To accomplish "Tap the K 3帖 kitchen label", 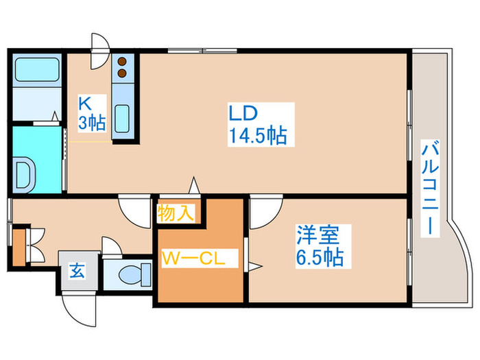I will pyautogui.click(x=91, y=114).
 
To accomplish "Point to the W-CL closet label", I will pyautogui.click(x=198, y=259).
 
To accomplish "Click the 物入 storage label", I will pyautogui.click(x=175, y=213).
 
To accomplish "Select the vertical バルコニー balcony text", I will pyautogui.click(x=431, y=185).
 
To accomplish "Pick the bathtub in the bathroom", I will pyautogui.click(x=38, y=70).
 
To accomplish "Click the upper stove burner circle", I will pyautogui.click(x=123, y=60).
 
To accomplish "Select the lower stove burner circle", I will pyautogui.click(x=123, y=71).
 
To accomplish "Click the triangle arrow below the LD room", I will pyautogui.click(x=195, y=184).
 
